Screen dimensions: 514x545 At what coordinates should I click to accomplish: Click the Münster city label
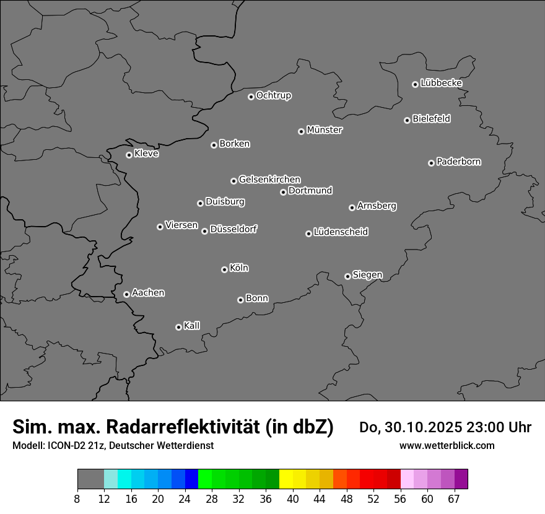click(x=325, y=130)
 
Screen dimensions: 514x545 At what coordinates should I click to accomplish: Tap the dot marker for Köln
click(x=224, y=269)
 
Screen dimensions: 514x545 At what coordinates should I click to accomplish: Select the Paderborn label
click(x=459, y=162)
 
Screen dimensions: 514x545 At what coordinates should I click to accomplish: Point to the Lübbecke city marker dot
click(x=415, y=84)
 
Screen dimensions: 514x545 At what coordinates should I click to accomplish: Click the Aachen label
click(x=148, y=292)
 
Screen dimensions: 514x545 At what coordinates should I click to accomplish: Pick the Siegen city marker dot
click(x=347, y=276)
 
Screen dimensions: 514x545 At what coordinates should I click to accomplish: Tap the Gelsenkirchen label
click(x=269, y=180)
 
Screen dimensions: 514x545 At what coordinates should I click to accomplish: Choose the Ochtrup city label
click(x=274, y=95)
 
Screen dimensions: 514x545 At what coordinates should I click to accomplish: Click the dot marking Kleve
click(x=129, y=155)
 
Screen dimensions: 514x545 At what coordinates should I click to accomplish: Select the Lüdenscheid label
click(x=341, y=232)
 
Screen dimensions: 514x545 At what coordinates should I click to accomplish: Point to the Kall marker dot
click(x=178, y=327)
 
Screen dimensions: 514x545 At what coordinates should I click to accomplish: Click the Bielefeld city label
click(x=431, y=118)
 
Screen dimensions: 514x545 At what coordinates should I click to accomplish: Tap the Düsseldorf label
click(x=233, y=229)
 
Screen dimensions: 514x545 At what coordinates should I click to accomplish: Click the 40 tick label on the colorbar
click(x=293, y=499)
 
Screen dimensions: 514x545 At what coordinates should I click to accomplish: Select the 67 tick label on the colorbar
click(x=454, y=499)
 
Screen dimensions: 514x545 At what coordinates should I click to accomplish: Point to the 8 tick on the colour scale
click(x=77, y=499)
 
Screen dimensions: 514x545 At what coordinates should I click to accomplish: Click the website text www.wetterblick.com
click(x=447, y=445)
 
